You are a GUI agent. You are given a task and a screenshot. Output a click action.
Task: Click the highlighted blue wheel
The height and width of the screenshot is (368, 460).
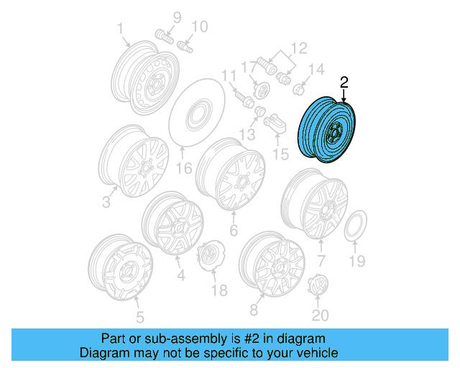point(327,130)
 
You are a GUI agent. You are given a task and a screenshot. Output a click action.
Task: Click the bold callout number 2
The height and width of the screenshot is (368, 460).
point(344,82)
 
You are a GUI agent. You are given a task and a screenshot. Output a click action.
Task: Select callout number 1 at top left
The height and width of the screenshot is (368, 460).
point(120,29)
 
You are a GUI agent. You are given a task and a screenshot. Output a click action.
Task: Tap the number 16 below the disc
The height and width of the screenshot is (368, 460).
point(184,169)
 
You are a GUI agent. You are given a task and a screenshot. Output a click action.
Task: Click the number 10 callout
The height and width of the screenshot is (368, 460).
point(199,27)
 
